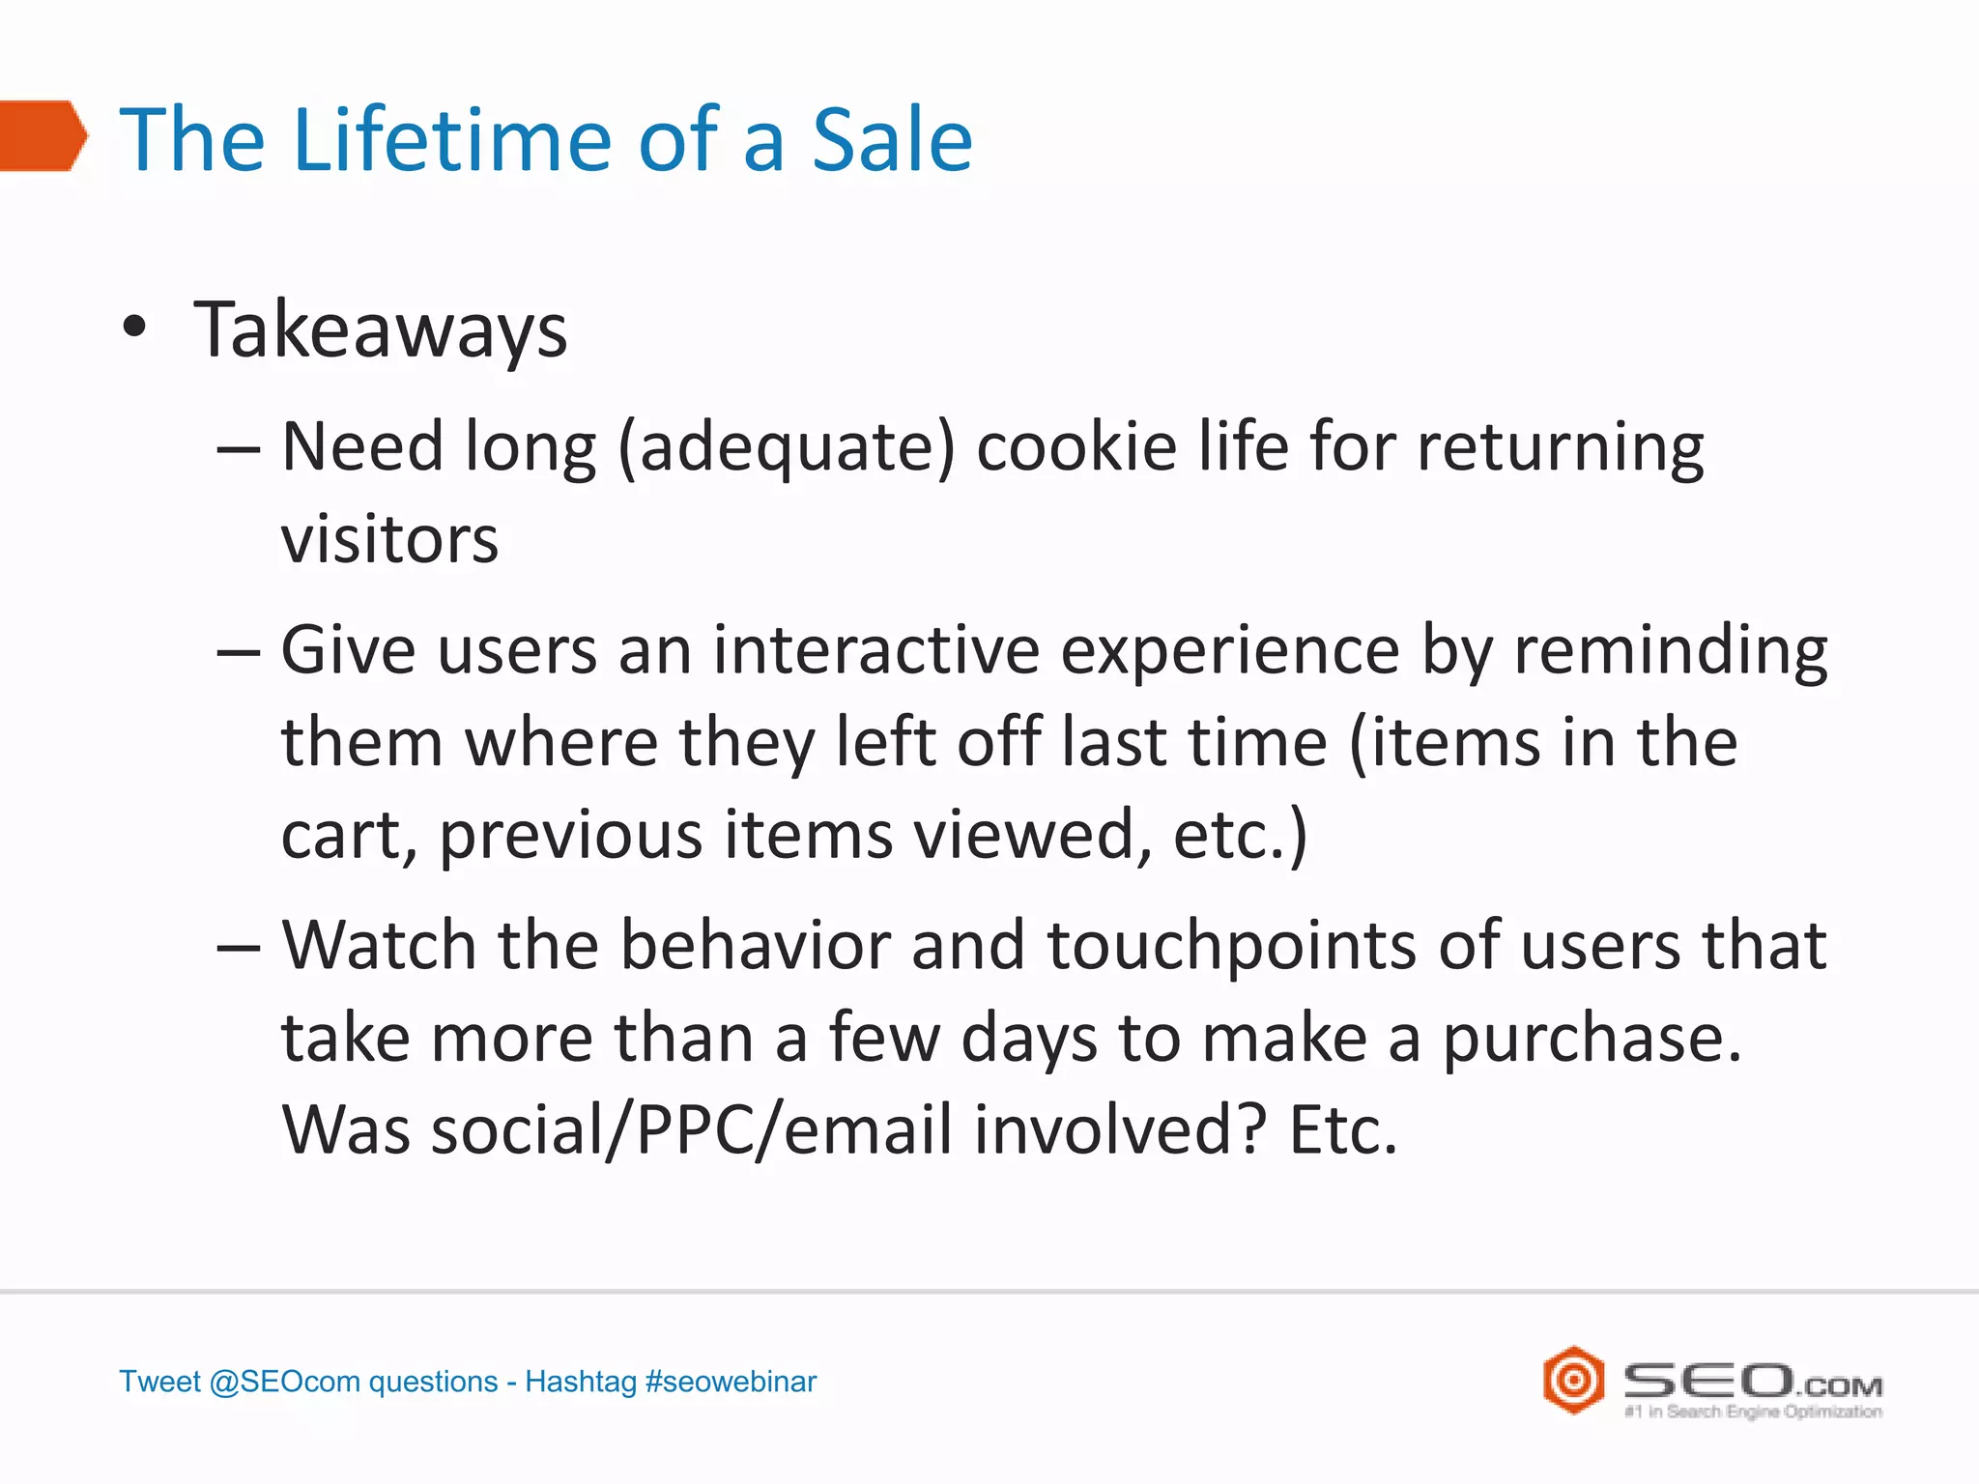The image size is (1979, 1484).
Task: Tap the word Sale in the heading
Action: pos(891,140)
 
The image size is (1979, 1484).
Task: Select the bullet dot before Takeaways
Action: pos(135,328)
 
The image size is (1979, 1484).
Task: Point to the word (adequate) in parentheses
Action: pos(787,448)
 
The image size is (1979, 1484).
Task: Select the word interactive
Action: pos(876,649)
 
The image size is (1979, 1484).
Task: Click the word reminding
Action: pos(1670,651)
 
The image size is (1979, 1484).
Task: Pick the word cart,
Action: pos(349,836)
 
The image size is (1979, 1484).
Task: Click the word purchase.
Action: pos(1592,1040)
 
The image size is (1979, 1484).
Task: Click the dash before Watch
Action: pos(238,947)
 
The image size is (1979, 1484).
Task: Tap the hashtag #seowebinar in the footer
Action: pos(731,1382)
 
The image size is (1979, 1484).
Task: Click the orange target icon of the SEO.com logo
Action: pos(1573,1380)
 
